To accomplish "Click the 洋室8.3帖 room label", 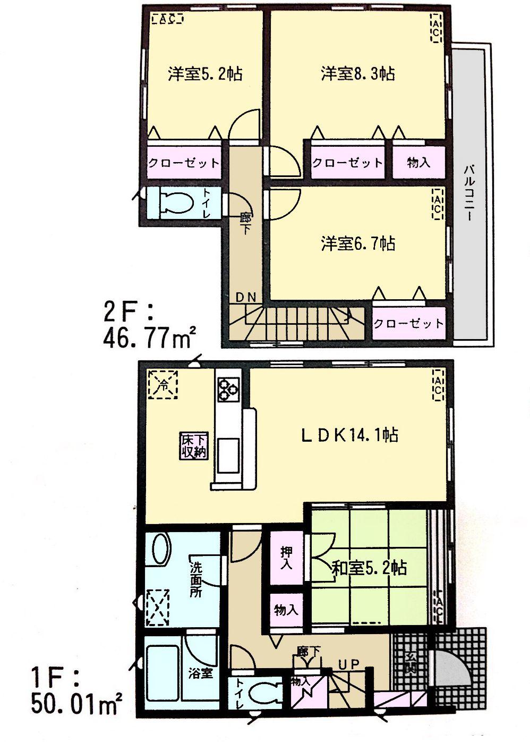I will pos(357,73).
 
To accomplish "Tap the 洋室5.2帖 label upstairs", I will pos(205,73).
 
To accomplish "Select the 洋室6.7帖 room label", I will pos(357,244).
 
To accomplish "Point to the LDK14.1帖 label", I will pos(350,435).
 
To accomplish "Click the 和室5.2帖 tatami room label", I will pos(369,568).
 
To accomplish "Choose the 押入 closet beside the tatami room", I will pos(286,558).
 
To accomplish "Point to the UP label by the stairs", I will pos(349,664).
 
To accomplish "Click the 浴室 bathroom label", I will pos(200,673).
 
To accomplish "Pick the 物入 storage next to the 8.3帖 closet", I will pos(418,162).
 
